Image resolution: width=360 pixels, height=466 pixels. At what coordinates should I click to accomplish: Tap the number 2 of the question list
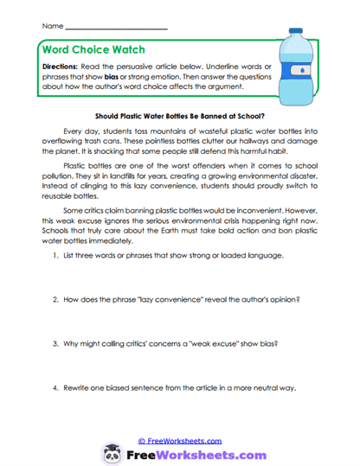coord(54,299)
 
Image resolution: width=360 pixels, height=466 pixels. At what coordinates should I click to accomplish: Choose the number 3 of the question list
coord(54,342)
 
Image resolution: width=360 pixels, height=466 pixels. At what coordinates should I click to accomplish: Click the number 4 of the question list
coord(54,387)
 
